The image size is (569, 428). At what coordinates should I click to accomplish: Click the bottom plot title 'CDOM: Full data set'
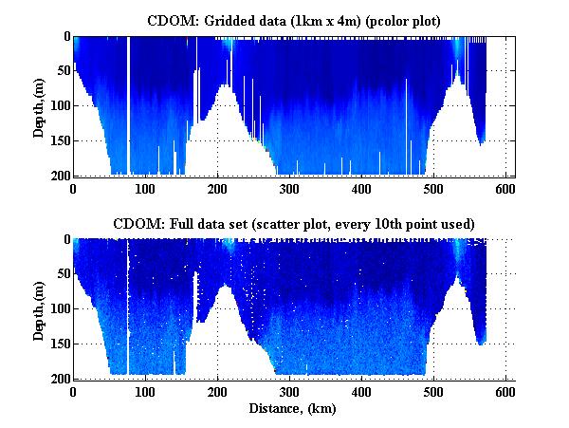[293, 223]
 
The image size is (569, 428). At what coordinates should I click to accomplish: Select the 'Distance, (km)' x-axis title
[293, 409]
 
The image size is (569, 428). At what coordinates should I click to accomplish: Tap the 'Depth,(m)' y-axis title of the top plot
[39, 105]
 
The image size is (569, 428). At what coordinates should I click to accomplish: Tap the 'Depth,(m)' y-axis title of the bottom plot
[39, 308]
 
